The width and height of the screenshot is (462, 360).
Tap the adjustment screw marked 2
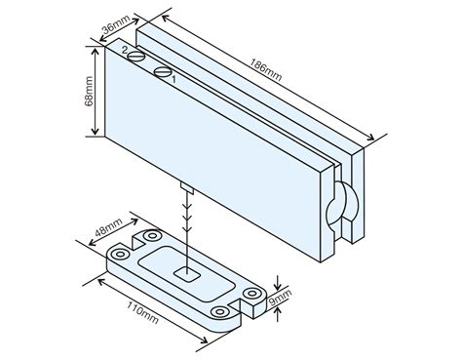[x=135, y=58]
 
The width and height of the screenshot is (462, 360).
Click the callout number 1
[x=173, y=80]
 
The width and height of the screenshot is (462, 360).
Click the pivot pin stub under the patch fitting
[x=183, y=185]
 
